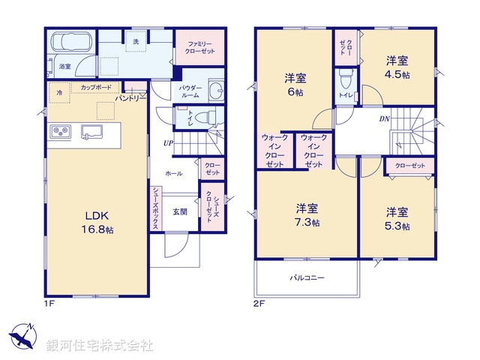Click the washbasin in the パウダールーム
click(x=215, y=91)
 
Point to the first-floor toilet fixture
click(x=207, y=117)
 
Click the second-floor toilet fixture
click(x=346, y=78)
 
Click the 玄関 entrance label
click(x=171, y=211)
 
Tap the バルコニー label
click(x=307, y=277)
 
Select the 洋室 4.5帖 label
click(x=398, y=68)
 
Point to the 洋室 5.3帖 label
click(x=397, y=218)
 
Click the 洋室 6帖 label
click(x=295, y=85)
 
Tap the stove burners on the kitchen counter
click(x=59, y=132)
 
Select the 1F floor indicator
click(x=49, y=303)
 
